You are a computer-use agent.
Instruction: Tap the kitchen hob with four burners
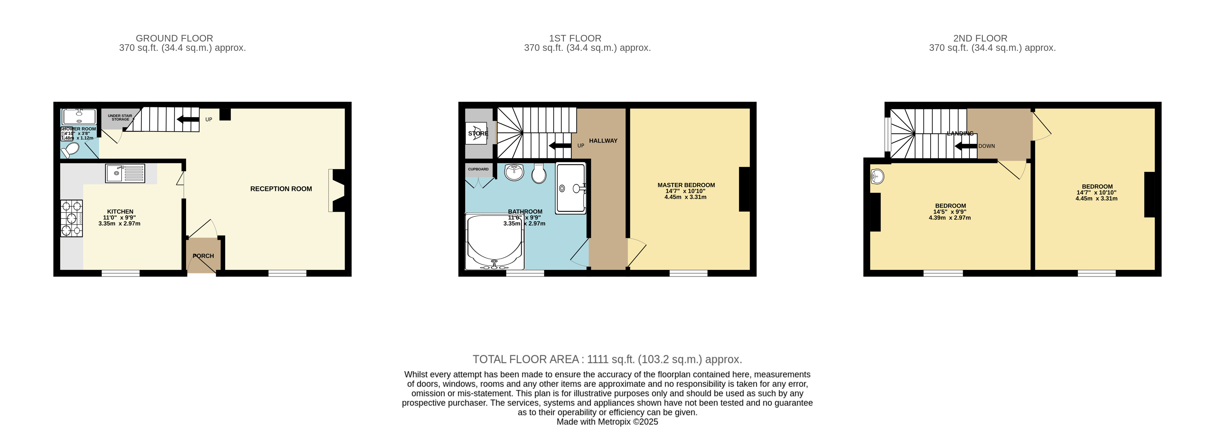pos(72,219)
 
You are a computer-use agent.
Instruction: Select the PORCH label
pos(203,256)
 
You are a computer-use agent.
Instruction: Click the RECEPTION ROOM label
pos(281,189)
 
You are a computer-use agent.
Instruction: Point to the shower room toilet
pos(71,150)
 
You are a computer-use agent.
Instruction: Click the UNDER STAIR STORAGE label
pos(120,117)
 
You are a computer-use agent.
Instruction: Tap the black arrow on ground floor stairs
pos(188,119)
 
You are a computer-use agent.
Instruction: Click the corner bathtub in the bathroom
pos(493,243)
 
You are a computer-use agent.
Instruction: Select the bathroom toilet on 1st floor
pos(539,173)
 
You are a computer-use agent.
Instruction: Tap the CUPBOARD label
pos(478,169)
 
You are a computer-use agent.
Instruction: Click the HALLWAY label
pos(603,140)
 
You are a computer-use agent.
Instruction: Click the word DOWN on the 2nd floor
pos(986,146)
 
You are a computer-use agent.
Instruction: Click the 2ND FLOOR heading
pos(980,38)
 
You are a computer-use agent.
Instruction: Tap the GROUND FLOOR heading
pos(174,38)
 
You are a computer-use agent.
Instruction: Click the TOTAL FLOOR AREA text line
pos(607,360)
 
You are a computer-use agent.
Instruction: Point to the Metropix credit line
pos(607,422)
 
